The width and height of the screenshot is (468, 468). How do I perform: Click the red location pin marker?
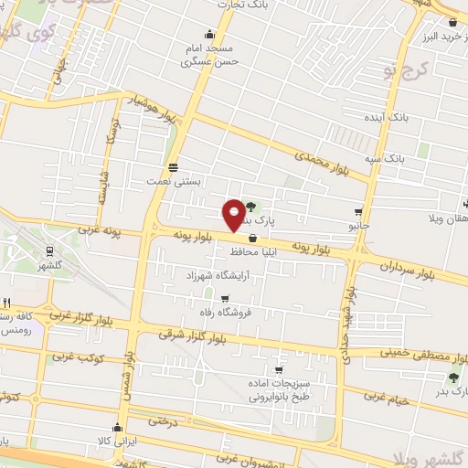pyautogui.click(x=235, y=214)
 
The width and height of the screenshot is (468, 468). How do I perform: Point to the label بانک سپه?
pyautogui.click(x=408, y=158)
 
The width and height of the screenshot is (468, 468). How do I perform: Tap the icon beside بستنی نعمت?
pyautogui.click(x=173, y=166)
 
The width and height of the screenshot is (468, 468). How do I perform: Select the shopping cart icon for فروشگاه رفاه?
pyautogui.click(x=225, y=298)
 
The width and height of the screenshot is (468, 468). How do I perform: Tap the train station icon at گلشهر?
pyautogui.click(x=48, y=250)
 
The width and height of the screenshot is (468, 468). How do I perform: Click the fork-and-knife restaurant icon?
pyautogui.click(x=7, y=303)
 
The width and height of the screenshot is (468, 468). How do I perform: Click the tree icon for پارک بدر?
pyautogui.click(x=453, y=377)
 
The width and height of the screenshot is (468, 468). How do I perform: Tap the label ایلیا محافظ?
pyautogui.click(x=229, y=250)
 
